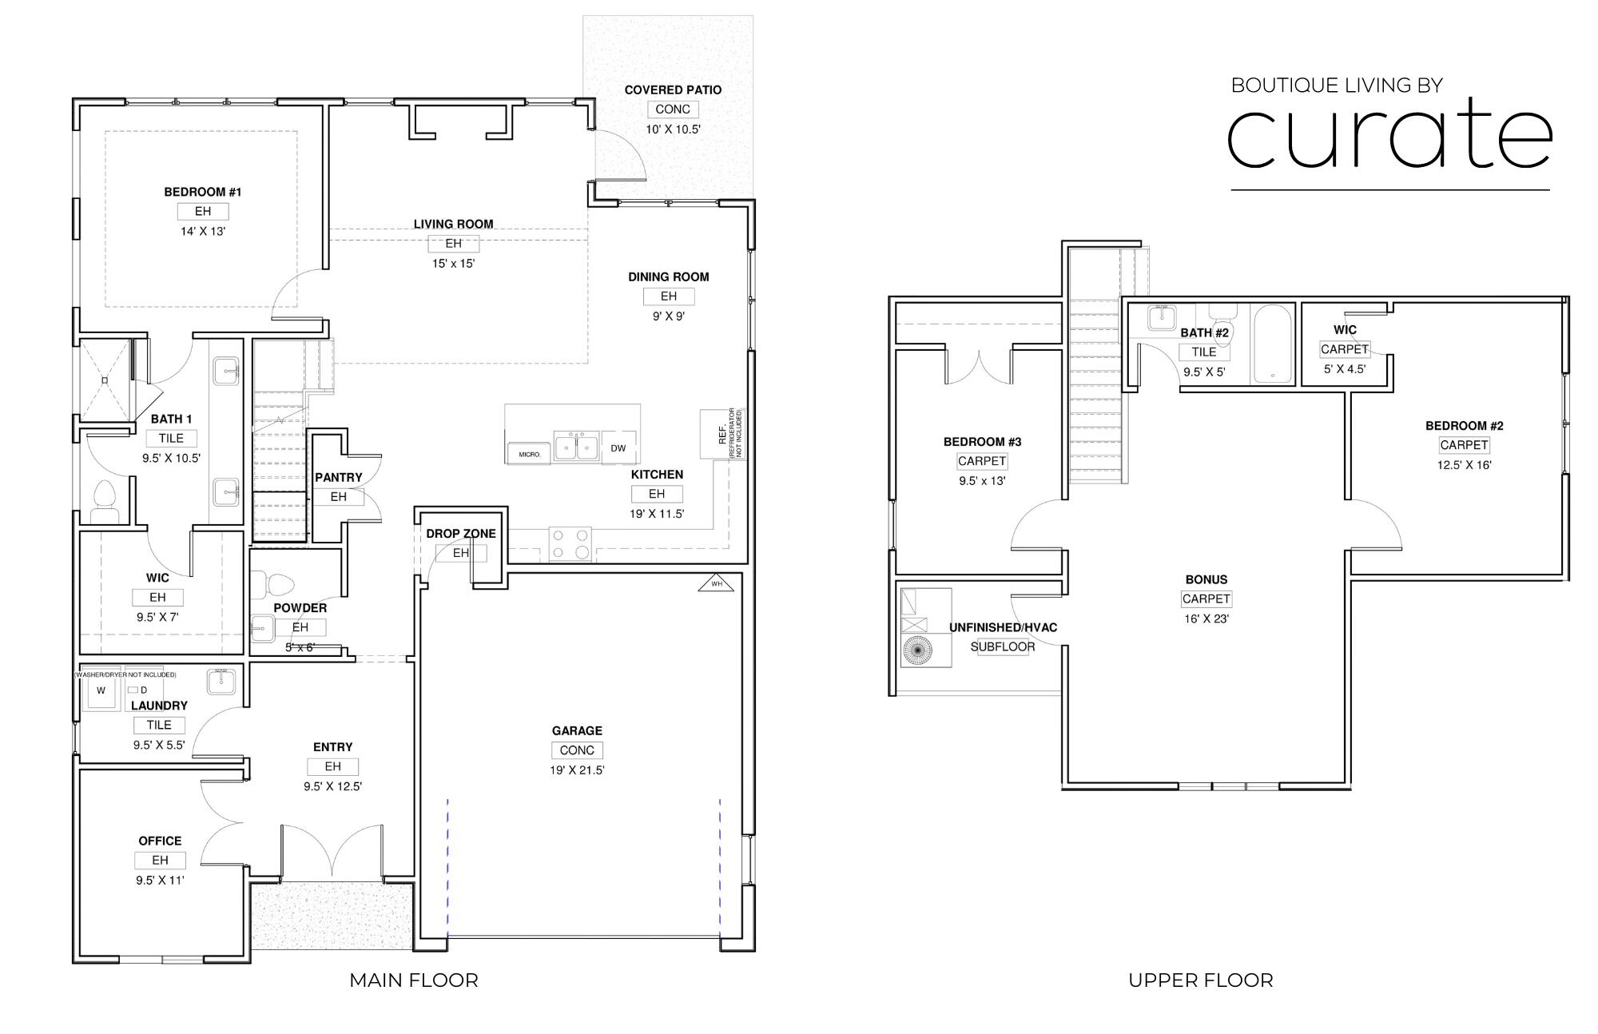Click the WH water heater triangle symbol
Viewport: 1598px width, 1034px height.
716,584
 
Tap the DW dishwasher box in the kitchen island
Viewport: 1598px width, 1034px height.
618,448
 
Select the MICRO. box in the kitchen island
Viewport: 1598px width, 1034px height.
529,453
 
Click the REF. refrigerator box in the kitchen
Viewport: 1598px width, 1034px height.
722,434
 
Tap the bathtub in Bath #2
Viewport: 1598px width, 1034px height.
1272,344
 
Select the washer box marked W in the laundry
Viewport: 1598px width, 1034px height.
101,690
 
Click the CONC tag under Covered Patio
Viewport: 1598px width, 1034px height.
673,109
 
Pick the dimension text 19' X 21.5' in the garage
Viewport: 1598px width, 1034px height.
577,770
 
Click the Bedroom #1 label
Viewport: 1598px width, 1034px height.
203,192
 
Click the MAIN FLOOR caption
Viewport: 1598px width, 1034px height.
413,980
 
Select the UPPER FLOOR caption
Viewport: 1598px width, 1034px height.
1200,980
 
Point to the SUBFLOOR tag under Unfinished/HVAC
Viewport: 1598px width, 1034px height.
1003,647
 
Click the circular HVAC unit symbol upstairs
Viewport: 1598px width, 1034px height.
917,650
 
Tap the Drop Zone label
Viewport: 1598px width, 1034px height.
460,534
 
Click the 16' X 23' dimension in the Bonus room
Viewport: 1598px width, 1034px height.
1206,618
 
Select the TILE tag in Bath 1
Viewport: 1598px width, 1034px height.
171,438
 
